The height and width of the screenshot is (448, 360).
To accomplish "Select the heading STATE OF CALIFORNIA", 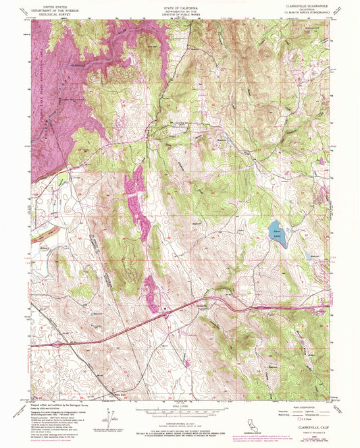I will (179, 5).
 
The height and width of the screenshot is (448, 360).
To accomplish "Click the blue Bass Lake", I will (276, 231).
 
